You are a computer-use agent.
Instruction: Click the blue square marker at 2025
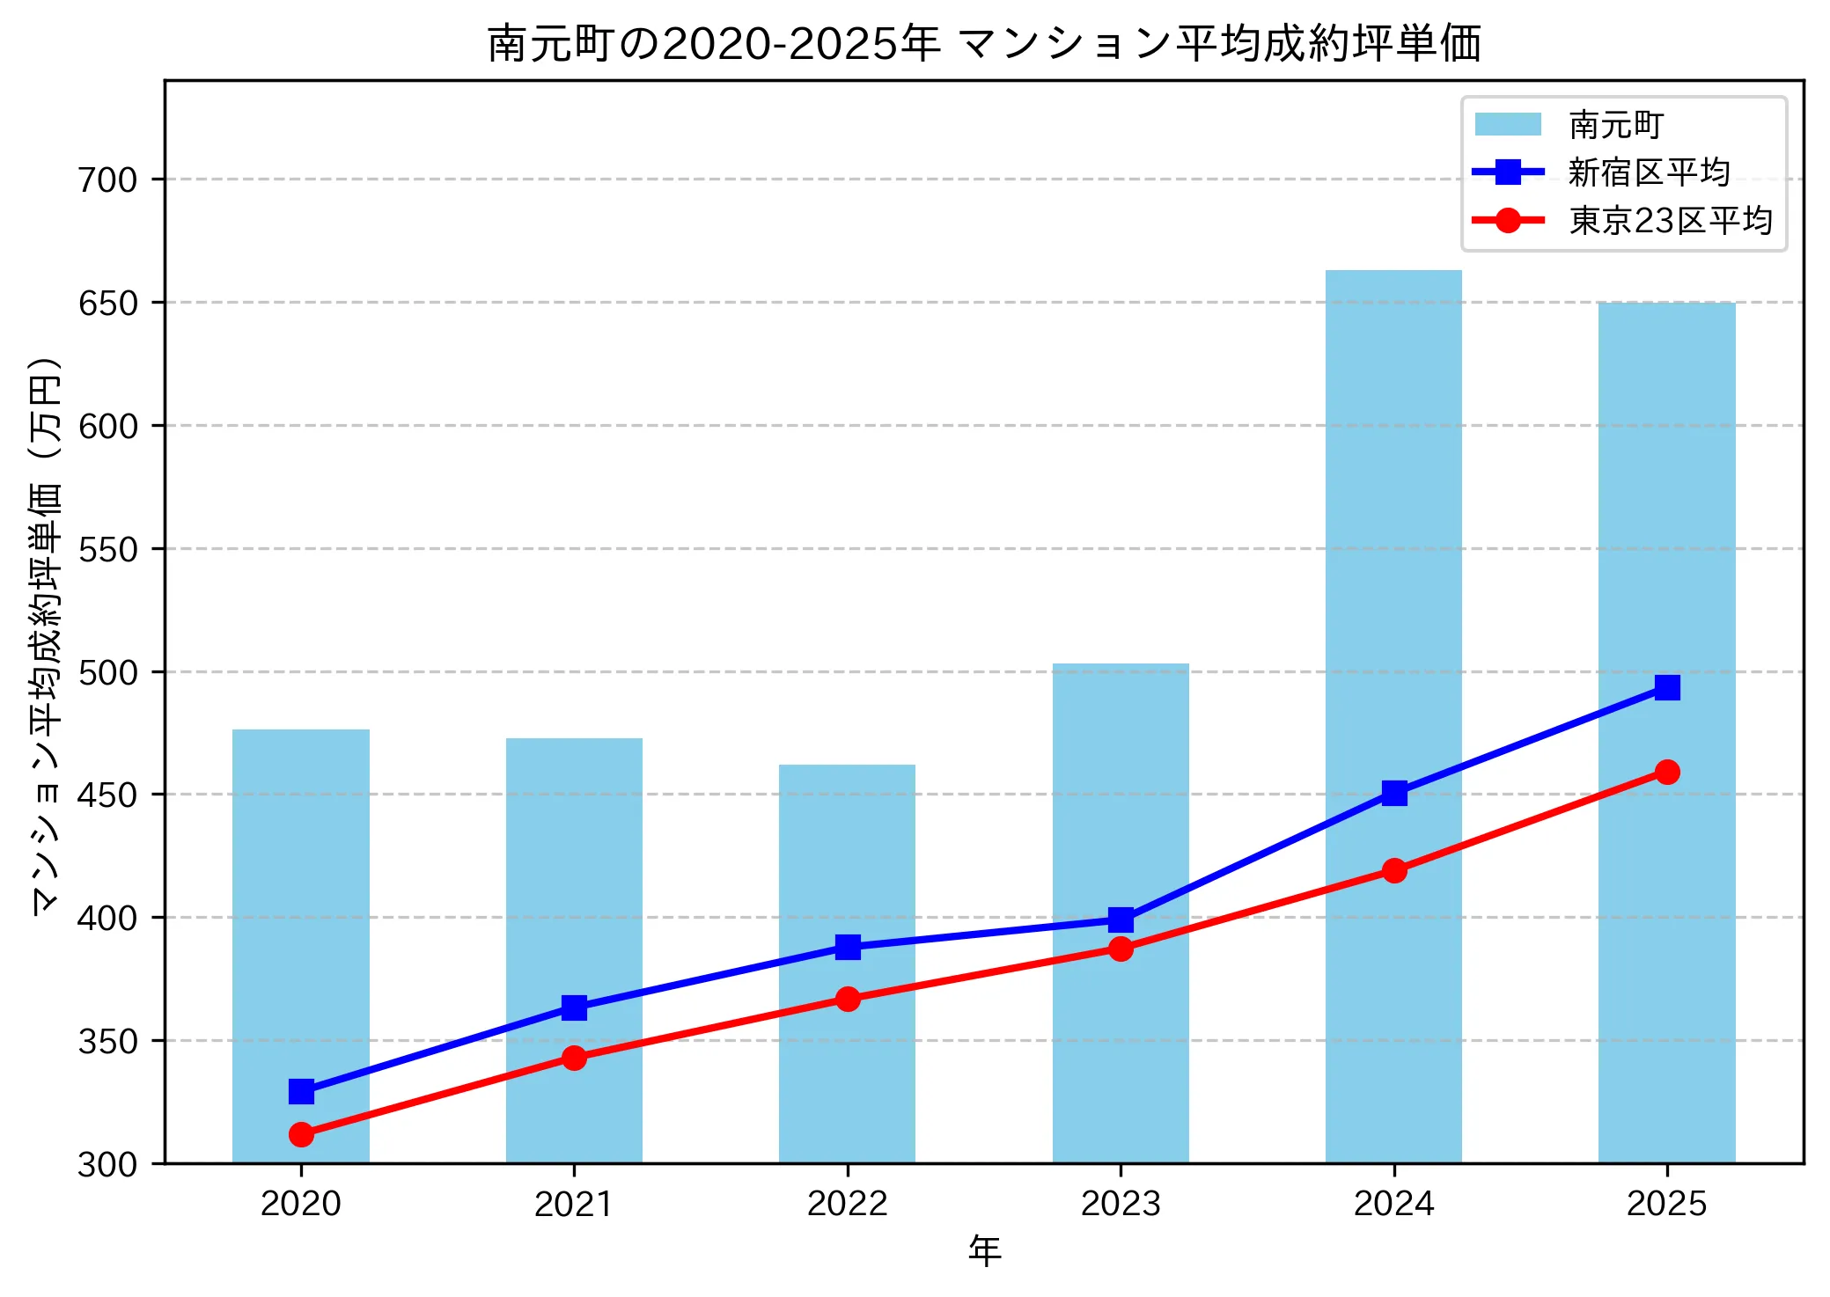click(1666, 687)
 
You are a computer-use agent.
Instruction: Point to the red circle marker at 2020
click(301, 1134)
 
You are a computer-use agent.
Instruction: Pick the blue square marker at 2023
click(1121, 920)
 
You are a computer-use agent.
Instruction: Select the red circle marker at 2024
click(1393, 871)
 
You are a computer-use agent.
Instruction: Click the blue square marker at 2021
click(574, 1008)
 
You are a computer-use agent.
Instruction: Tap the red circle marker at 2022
click(847, 999)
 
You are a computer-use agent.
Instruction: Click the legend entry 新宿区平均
click(1648, 172)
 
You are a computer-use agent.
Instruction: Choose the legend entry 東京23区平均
click(1670, 220)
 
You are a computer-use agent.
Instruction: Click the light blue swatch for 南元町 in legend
click(1508, 125)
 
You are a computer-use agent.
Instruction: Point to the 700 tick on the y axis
click(108, 180)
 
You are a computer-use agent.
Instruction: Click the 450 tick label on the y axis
click(108, 795)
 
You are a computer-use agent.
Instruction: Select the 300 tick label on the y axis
click(108, 1165)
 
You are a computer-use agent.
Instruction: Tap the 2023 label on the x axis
click(1121, 1204)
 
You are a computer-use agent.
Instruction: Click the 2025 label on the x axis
click(1666, 1204)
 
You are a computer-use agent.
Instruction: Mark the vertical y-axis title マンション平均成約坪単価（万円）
click(46, 635)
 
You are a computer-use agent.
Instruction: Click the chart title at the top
click(984, 42)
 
